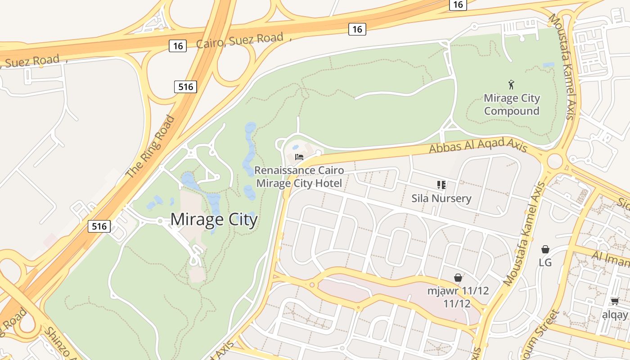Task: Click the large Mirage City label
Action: [x=214, y=220]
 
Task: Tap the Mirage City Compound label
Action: [x=512, y=104]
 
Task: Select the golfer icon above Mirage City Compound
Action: [x=511, y=84]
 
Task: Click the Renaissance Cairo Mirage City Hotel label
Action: [x=299, y=177]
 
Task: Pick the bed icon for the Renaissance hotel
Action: [x=299, y=157]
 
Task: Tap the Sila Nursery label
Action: [x=441, y=198]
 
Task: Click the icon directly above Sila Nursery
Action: [x=441, y=184]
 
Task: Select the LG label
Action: [x=545, y=262]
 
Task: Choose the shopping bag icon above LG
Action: [x=545, y=249]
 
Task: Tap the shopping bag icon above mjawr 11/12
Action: [x=458, y=278]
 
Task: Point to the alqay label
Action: [x=615, y=315]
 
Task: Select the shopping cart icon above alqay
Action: [x=615, y=301]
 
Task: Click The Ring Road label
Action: [x=150, y=147]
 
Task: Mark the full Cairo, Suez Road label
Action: [x=240, y=40]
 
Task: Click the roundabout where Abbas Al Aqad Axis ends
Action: [x=555, y=160]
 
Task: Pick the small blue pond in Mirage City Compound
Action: [x=548, y=65]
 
